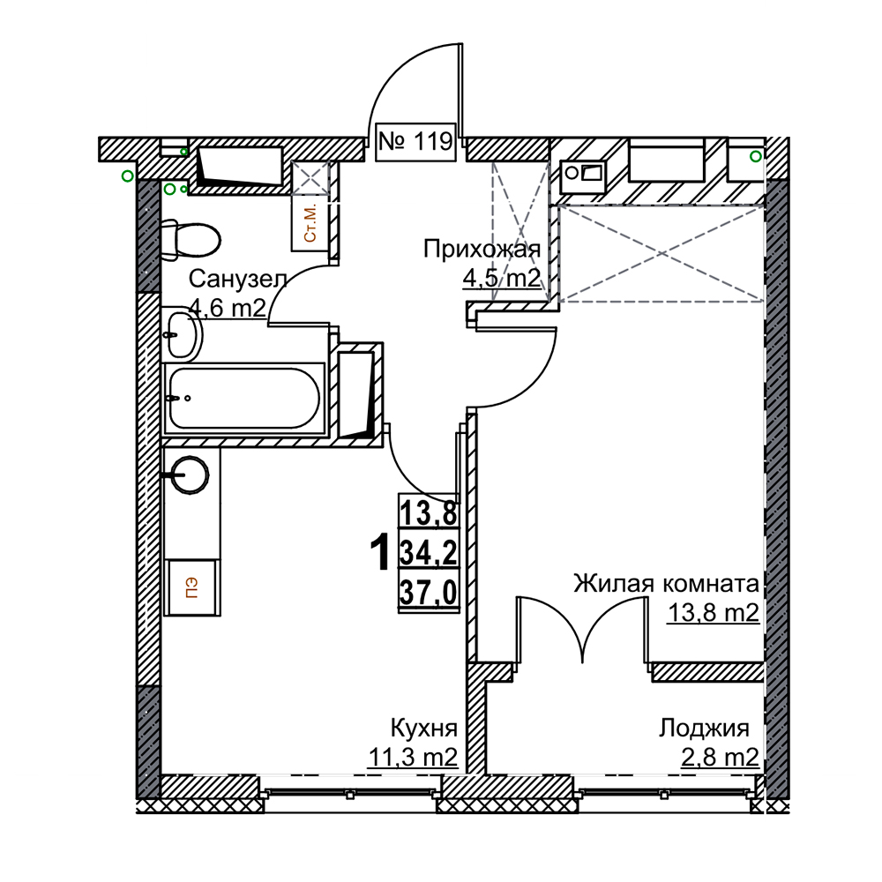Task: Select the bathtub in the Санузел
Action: [x=243, y=399]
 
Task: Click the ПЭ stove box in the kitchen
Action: [x=191, y=587]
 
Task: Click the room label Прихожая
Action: [x=482, y=249]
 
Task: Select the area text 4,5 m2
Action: [x=501, y=278]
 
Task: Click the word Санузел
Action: [x=238, y=279]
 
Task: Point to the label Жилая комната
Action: [x=667, y=584]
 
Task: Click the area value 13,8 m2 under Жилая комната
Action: [x=714, y=613]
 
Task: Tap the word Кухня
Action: [x=424, y=729]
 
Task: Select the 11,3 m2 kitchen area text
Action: [x=413, y=758]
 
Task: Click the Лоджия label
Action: [x=704, y=729]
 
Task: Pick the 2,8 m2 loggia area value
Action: [x=721, y=758]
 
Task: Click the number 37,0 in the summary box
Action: [x=428, y=594]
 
